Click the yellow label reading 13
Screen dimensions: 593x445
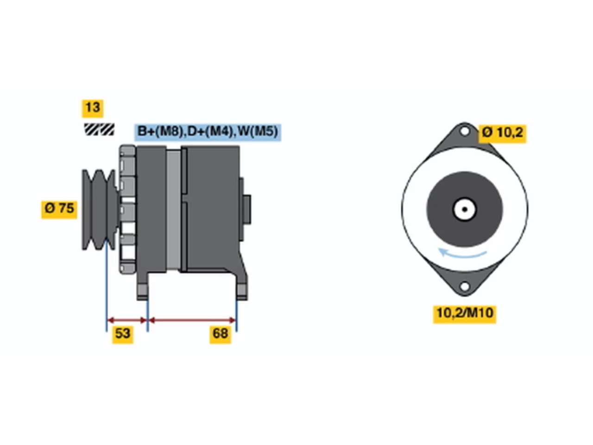[92, 108]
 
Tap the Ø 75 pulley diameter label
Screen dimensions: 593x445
[59, 210]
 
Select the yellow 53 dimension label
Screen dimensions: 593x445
[123, 335]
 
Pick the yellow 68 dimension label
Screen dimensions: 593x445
[220, 335]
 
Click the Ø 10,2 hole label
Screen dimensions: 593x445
[502, 133]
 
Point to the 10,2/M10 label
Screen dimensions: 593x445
[465, 314]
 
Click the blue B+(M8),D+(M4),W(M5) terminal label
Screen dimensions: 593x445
[208, 132]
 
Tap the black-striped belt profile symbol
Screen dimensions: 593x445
[99, 129]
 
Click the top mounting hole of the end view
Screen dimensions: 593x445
[464, 131]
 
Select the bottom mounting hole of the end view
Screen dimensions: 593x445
[464, 286]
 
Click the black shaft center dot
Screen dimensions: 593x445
[464, 210]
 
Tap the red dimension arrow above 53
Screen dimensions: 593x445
[127, 320]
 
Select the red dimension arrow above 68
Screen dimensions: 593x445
[192, 320]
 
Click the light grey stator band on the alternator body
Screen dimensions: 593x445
[174, 210]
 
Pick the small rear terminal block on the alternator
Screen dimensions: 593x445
[246, 210]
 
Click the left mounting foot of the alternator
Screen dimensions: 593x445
[142, 292]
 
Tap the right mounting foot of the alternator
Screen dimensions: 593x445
[242, 292]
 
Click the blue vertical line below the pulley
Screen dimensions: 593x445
[107, 285]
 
